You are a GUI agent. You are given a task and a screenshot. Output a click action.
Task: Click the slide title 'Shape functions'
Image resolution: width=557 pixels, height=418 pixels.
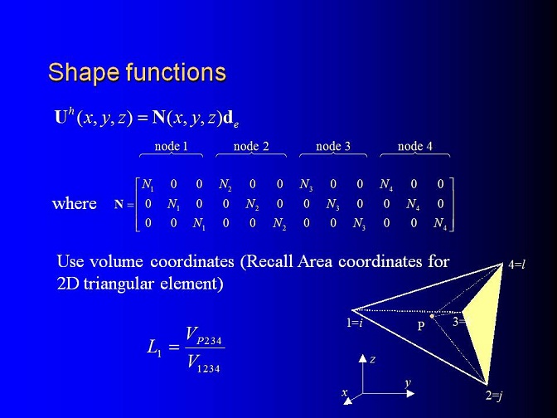(137, 72)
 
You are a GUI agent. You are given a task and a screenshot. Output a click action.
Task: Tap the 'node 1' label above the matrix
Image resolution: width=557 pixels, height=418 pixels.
(171, 146)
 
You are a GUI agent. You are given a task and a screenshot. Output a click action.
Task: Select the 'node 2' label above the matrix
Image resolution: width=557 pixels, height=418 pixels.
(251, 146)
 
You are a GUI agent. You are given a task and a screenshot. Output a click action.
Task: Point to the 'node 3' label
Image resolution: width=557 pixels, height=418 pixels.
(333, 146)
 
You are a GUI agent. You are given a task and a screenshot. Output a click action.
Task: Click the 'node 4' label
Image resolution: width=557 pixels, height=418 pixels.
(415, 146)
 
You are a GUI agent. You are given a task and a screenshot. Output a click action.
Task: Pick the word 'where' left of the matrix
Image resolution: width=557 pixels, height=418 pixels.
(75, 204)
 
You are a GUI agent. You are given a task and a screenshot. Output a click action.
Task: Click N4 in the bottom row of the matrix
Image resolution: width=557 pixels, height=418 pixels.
(440, 224)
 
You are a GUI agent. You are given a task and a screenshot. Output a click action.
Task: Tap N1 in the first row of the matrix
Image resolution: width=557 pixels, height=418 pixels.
(148, 185)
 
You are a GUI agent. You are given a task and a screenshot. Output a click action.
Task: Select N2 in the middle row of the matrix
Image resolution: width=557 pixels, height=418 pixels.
(252, 204)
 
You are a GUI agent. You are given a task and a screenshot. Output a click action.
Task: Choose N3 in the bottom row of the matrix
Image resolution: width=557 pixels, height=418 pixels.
(359, 224)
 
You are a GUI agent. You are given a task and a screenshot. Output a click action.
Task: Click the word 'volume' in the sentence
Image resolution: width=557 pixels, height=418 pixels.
(116, 261)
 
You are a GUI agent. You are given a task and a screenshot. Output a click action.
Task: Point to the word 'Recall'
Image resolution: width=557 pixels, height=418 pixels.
(269, 261)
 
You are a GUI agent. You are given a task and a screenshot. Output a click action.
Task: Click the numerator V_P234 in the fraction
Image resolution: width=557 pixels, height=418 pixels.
(204, 336)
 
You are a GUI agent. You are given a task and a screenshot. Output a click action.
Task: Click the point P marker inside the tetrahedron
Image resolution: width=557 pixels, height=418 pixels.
(432, 316)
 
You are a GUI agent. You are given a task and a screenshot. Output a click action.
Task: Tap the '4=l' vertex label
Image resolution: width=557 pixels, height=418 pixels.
(517, 265)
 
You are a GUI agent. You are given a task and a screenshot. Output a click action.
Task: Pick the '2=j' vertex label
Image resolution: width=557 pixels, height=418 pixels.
(494, 396)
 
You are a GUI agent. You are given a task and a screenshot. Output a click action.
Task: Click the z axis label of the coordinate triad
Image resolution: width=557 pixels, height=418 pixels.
(372, 360)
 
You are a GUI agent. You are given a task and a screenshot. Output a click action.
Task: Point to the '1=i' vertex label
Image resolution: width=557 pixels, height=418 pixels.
(355, 323)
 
